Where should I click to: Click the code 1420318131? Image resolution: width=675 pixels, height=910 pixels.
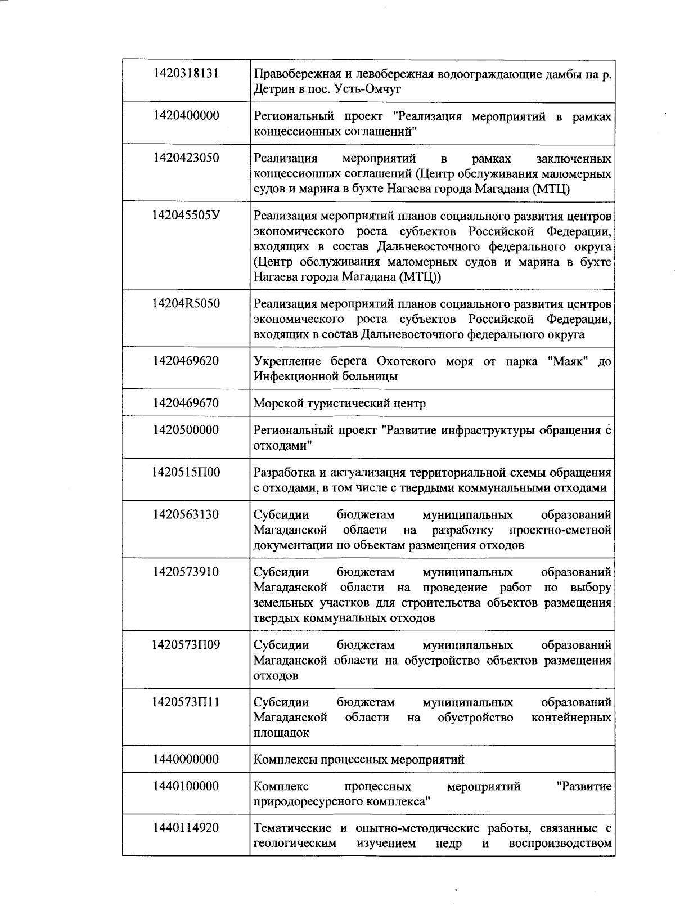pyautogui.click(x=186, y=73)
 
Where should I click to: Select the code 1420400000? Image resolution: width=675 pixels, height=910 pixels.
pyautogui.click(x=186, y=116)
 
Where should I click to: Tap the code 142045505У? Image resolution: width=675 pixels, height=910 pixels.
pyautogui.click(x=186, y=215)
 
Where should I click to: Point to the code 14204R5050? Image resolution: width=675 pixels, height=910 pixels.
pyautogui.click(x=186, y=303)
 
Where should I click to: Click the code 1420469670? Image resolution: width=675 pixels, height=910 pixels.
pyautogui.click(x=186, y=403)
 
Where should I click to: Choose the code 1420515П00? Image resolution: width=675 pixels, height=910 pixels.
pyautogui.click(x=186, y=472)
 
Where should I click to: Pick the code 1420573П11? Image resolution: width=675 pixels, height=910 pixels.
pyautogui.click(x=186, y=702)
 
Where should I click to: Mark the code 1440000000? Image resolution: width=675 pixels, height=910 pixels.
pyautogui.click(x=186, y=759)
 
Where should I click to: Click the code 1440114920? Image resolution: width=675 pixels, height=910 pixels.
pyautogui.click(x=186, y=828)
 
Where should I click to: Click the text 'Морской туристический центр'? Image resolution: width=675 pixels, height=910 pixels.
pyautogui.click(x=340, y=404)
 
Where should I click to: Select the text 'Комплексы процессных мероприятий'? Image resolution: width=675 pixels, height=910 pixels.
pyautogui.click(x=359, y=760)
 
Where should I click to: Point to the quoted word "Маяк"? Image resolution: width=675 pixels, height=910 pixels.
pyautogui.click(x=568, y=361)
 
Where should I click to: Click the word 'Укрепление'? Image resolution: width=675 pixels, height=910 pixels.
pyautogui.click(x=287, y=361)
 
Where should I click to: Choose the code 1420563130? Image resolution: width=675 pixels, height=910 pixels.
pyautogui.click(x=186, y=514)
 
